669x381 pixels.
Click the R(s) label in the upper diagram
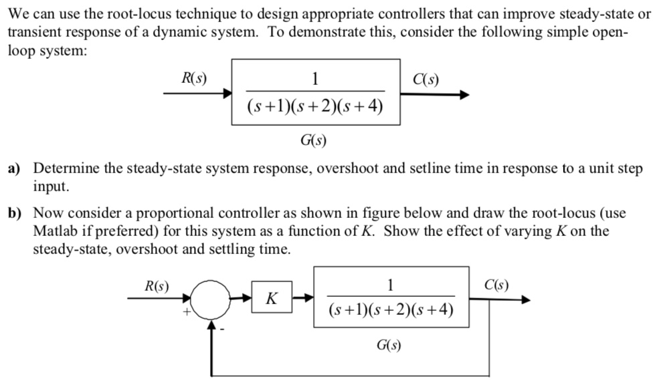click(x=194, y=77)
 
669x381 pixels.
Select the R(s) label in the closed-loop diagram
click(x=156, y=286)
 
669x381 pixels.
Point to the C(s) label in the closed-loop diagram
click(x=494, y=286)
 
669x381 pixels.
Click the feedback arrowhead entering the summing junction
click(x=213, y=326)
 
